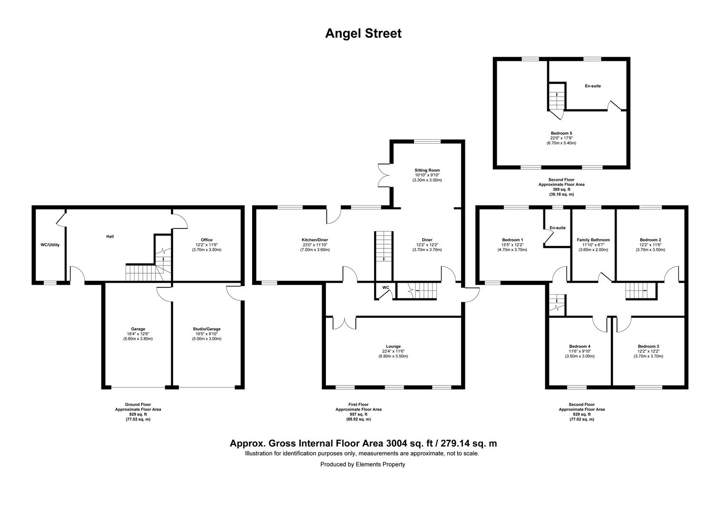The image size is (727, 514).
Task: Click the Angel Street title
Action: pos(363,33)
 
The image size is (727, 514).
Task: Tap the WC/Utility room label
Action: pos(49,245)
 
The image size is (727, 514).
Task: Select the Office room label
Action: pos(206,240)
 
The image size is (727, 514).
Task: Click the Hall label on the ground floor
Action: pos(110,237)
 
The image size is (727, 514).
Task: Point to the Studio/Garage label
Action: pos(206,329)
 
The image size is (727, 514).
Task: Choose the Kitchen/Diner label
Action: pos(314,240)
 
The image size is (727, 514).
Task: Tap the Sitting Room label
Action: pos(427,170)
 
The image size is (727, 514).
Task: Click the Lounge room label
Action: pos(393,346)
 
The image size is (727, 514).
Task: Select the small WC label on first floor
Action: pos(385,287)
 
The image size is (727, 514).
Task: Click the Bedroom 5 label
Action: pos(561,133)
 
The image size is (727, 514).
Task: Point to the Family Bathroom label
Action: pos(593,240)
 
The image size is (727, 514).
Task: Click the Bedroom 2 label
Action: pos(650,240)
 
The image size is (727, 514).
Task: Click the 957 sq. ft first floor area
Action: pos(358,415)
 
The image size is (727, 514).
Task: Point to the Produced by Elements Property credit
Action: pos(363,465)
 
